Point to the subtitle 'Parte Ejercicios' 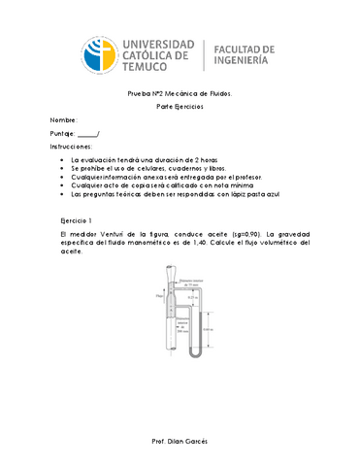click(x=180, y=108)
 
